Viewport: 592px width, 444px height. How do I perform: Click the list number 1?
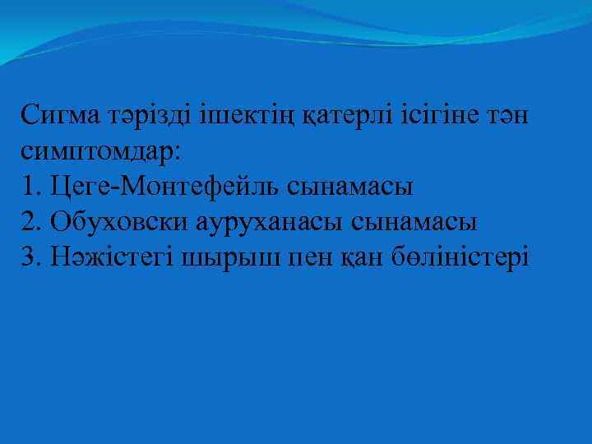[x=30, y=187]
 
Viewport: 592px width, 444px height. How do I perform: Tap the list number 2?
[x=30, y=222]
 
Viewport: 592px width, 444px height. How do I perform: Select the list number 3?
[x=30, y=257]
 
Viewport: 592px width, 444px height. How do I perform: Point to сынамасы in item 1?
[x=350, y=187]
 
